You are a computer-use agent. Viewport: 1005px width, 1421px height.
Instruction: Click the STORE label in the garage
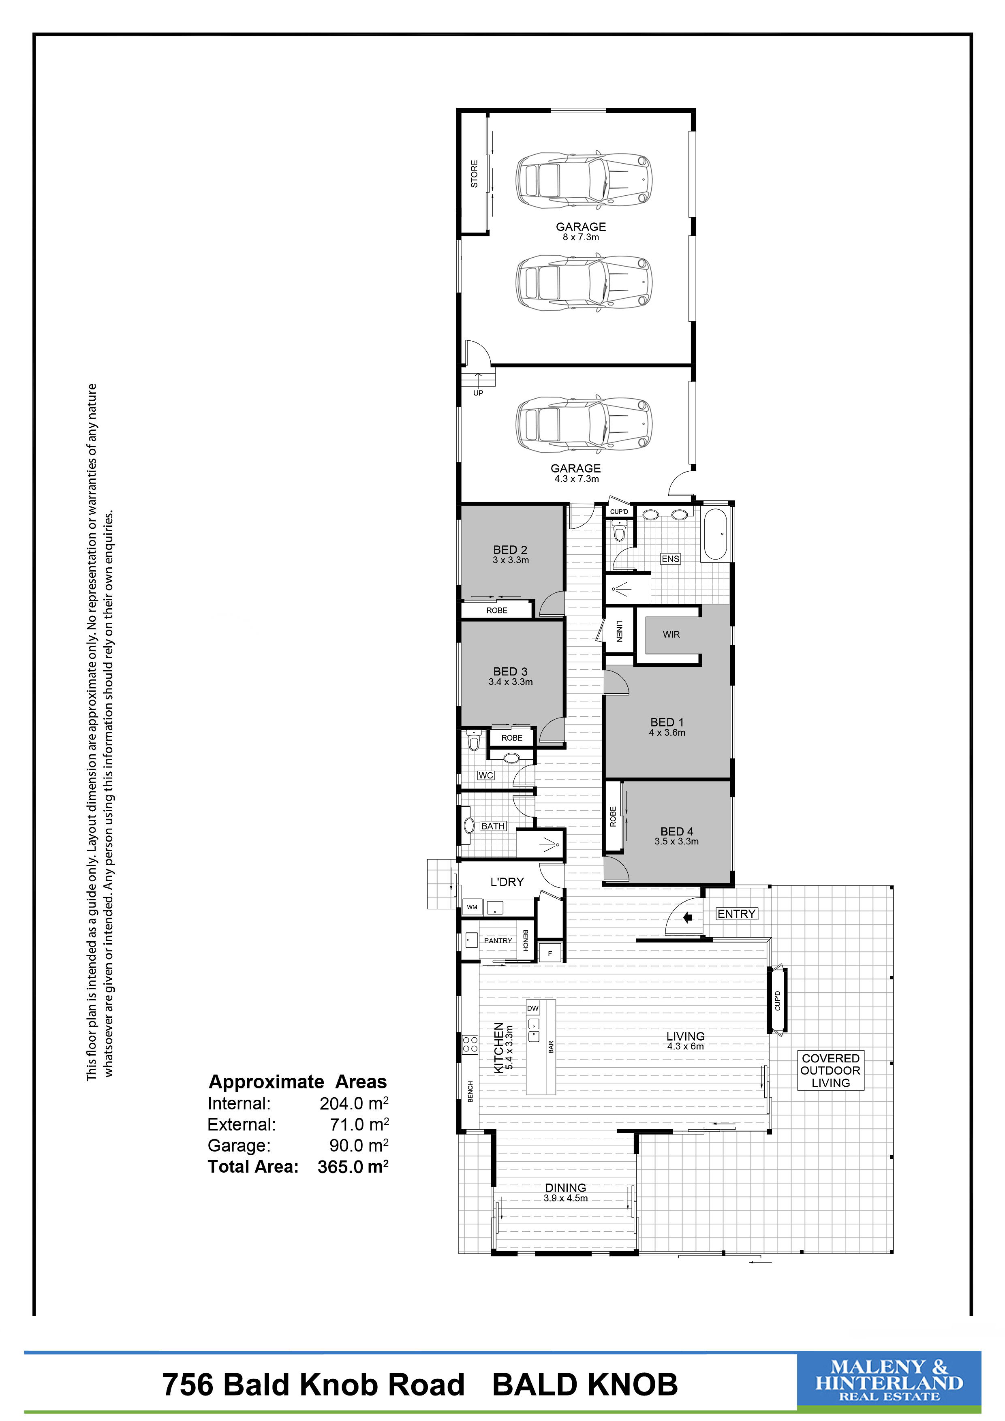[474, 174]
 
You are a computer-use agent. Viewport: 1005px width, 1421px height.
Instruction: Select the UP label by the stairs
[478, 393]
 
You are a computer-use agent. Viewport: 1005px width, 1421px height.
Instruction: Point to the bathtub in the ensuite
[715, 534]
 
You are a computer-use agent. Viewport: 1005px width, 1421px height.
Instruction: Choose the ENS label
[670, 559]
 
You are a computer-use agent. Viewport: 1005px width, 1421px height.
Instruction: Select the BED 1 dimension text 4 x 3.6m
[667, 733]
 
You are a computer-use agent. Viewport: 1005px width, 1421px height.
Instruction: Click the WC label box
[486, 776]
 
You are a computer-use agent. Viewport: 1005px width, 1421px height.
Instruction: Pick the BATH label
[493, 826]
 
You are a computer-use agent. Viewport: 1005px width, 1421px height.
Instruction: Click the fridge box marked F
[550, 953]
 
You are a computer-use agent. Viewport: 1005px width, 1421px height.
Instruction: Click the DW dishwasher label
[533, 1008]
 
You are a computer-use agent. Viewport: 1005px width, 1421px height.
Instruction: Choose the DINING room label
[566, 1188]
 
